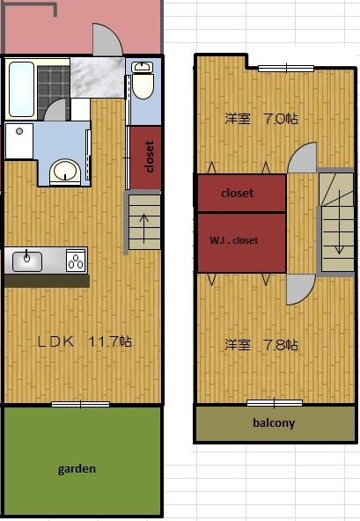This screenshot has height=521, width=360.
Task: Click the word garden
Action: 77,469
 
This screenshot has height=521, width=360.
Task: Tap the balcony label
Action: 274,422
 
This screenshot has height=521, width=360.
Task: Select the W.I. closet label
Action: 233,240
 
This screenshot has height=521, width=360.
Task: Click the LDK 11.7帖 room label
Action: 84,341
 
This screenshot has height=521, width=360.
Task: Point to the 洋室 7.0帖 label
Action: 261,119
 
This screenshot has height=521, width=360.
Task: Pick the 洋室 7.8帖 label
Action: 261,345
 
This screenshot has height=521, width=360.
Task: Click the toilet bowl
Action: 143,86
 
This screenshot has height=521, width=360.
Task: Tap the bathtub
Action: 22,89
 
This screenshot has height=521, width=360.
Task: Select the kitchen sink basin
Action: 27,261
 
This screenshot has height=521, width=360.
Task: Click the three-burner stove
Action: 76,260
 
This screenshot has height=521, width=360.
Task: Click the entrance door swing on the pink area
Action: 107,40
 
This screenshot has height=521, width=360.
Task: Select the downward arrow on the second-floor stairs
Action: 339,222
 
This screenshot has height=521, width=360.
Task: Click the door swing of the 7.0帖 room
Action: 302,158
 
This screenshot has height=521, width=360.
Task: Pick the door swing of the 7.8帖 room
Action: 301,290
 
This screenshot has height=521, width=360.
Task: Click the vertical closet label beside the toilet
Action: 150,157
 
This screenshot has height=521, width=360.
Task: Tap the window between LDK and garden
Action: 80,404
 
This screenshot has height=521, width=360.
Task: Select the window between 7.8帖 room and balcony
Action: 275,403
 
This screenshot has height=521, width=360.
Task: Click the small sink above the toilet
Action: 143,67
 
